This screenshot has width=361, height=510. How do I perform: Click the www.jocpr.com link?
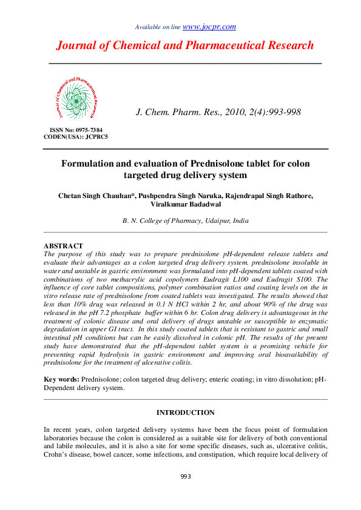[x=209, y=27]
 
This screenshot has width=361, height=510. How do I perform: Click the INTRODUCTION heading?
[x=185, y=413]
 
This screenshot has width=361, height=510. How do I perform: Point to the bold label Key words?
[x=62, y=379]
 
